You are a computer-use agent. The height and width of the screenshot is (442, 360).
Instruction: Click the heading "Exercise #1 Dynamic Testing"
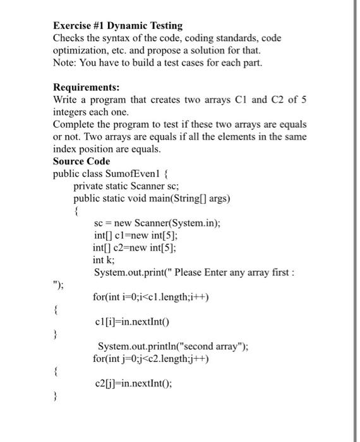tap(118, 26)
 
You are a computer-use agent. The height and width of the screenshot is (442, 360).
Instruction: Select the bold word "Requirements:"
tap(81, 87)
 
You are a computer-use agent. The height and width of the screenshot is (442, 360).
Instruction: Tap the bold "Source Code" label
tap(81, 161)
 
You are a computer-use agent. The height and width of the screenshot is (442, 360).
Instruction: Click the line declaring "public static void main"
tap(152, 198)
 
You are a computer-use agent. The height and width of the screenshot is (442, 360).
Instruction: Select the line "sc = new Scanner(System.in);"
tap(157, 224)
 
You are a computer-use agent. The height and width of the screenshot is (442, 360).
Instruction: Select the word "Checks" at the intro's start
tap(69, 38)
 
